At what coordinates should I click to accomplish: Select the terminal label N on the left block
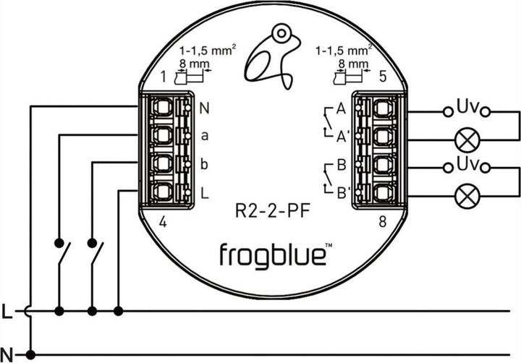(205, 110)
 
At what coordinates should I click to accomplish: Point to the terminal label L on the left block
(205, 192)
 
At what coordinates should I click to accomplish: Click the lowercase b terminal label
(205, 165)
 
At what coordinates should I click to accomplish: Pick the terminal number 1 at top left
(164, 76)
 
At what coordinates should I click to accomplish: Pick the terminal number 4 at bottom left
(164, 223)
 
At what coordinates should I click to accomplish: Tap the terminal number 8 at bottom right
(382, 223)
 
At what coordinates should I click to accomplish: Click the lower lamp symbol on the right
(465, 193)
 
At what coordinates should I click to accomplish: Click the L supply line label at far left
(7, 312)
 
